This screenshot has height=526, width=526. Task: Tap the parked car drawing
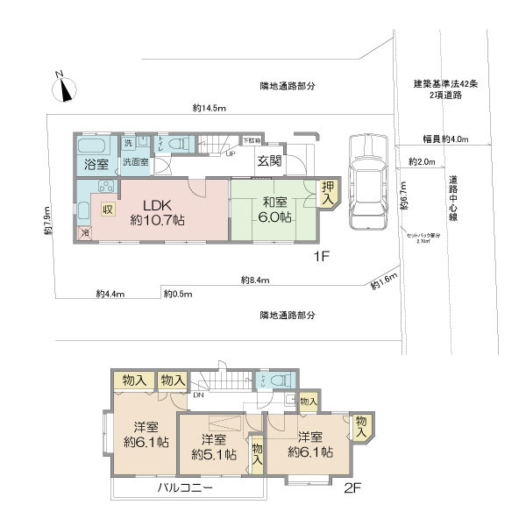pyautogui.click(x=367, y=181)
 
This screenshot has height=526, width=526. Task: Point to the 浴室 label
pyautogui.click(x=95, y=164)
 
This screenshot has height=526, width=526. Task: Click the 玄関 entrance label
pyautogui.click(x=269, y=160)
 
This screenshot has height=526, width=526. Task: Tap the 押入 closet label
pyautogui.click(x=328, y=192)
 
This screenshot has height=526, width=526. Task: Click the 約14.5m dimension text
pyautogui.click(x=210, y=109)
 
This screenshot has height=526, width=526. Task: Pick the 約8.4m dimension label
pyautogui.click(x=254, y=281)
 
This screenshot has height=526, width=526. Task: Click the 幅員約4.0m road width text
pyautogui.click(x=445, y=139)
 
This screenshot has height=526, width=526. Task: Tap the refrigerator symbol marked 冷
pyautogui.click(x=84, y=234)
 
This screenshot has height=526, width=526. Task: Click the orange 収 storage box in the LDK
pyautogui.click(x=107, y=210)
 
